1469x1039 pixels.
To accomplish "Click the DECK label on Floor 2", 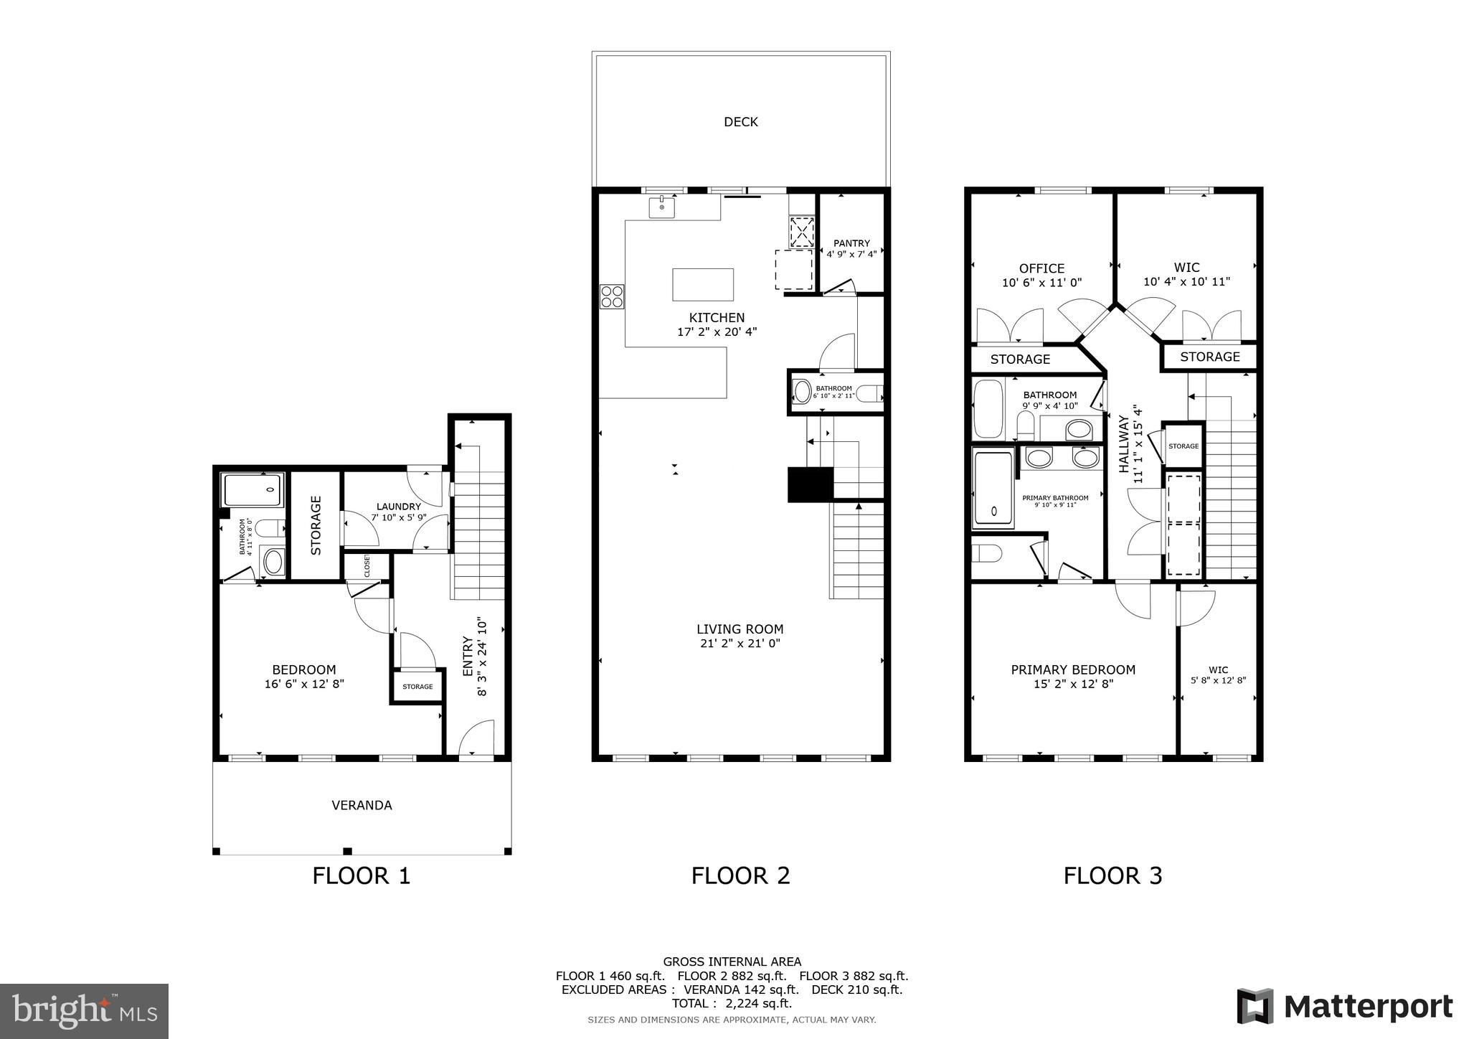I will [x=740, y=122].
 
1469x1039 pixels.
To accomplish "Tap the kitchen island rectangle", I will [x=703, y=284].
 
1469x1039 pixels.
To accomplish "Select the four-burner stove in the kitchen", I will [x=612, y=296].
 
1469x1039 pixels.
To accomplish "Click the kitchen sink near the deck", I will [x=661, y=207].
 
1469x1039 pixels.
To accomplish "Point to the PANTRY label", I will [x=851, y=243].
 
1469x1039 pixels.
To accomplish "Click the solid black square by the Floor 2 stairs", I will [x=810, y=484].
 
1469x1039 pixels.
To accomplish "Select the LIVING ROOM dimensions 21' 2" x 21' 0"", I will [x=740, y=644].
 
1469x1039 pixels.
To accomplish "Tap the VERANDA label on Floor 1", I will [x=362, y=805].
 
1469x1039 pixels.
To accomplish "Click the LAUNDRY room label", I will [x=398, y=507].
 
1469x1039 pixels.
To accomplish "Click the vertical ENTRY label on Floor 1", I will [x=468, y=656].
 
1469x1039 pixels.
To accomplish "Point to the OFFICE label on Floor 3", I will [x=1041, y=268].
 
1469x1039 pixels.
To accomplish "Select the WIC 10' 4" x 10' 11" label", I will [x=1186, y=282].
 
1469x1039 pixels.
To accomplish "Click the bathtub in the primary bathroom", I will [x=993, y=488].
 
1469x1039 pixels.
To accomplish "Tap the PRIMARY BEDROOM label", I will [x=1073, y=669].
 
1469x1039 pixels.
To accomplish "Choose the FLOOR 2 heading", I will [x=740, y=875].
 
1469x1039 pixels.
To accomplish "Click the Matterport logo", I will [x=1344, y=1007].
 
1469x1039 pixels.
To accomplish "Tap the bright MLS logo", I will [x=84, y=1011].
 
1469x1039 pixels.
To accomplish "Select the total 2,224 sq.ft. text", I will [x=732, y=1003].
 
